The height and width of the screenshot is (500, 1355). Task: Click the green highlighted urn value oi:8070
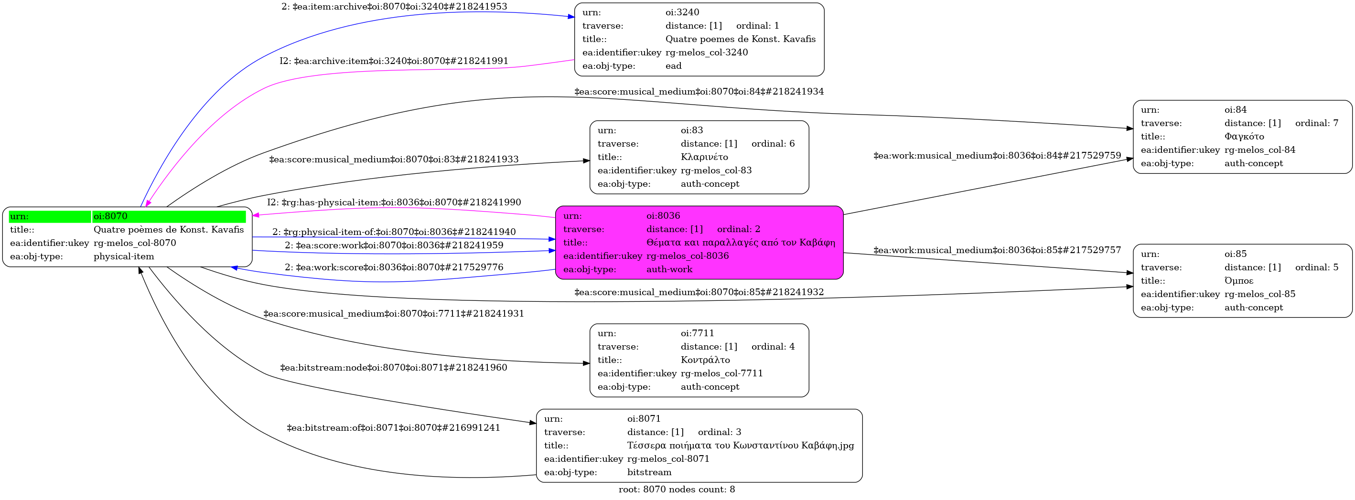(x=110, y=216)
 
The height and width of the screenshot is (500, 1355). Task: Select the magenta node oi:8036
(x=699, y=243)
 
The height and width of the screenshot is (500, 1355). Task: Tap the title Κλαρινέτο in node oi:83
(x=704, y=157)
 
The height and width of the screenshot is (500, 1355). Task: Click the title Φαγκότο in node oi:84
(x=1244, y=137)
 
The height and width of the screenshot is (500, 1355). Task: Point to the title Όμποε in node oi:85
(x=1239, y=281)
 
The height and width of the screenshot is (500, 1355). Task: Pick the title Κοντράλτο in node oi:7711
(x=705, y=360)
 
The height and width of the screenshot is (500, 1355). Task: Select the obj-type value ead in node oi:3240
(x=673, y=66)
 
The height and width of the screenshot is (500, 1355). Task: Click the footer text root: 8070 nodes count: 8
(x=677, y=489)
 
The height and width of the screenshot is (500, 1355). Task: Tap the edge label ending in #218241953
(x=394, y=7)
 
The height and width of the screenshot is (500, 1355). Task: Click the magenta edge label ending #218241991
(x=393, y=61)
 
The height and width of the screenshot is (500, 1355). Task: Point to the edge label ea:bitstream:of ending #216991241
(x=393, y=428)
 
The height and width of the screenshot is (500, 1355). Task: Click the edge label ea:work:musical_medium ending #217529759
(x=997, y=156)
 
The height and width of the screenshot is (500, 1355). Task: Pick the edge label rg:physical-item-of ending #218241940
(x=393, y=232)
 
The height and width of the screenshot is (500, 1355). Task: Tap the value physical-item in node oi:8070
(x=124, y=256)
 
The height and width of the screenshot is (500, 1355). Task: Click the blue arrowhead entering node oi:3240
(x=571, y=17)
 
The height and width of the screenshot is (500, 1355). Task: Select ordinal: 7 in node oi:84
(x=1317, y=123)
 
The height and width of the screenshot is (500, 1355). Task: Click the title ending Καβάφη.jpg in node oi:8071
(x=740, y=446)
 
